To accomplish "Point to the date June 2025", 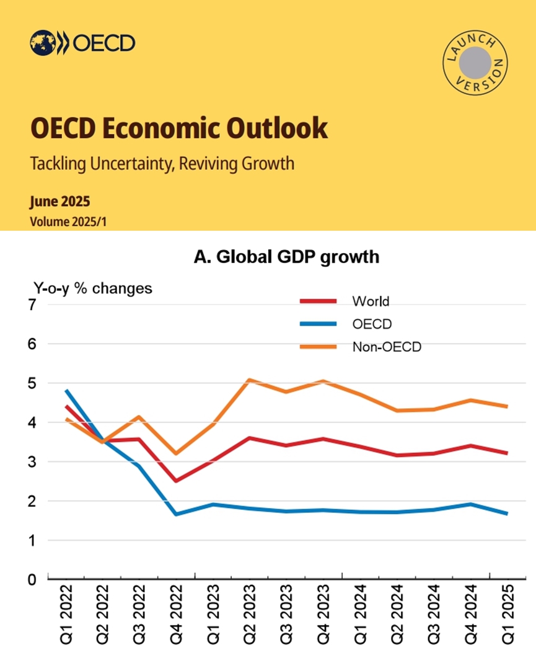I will pyautogui.click(x=59, y=202).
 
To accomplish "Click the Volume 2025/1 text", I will pyautogui.click(x=68, y=220).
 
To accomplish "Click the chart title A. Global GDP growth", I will pyautogui.click(x=286, y=257).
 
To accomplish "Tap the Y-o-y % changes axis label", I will pyautogui.click(x=92, y=288).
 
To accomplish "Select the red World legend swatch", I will pyautogui.click(x=319, y=301).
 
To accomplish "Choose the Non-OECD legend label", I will pyautogui.click(x=386, y=347).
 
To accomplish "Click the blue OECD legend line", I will pyautogui.click(x=319, y=324).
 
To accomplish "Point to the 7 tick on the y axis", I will pyautogui.click(x=32, y=305).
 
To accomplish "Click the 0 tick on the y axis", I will pyautogui.click(x=32, y=580).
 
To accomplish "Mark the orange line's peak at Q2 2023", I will pyautogui.click(x=248, y=380).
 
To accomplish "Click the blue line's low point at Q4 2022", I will pyautogui.click(x=176, y=514).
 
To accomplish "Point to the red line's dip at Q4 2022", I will pyautogui.click(x=176, y=481).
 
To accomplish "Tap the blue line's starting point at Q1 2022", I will pyautogui.click(x=66, y=391).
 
